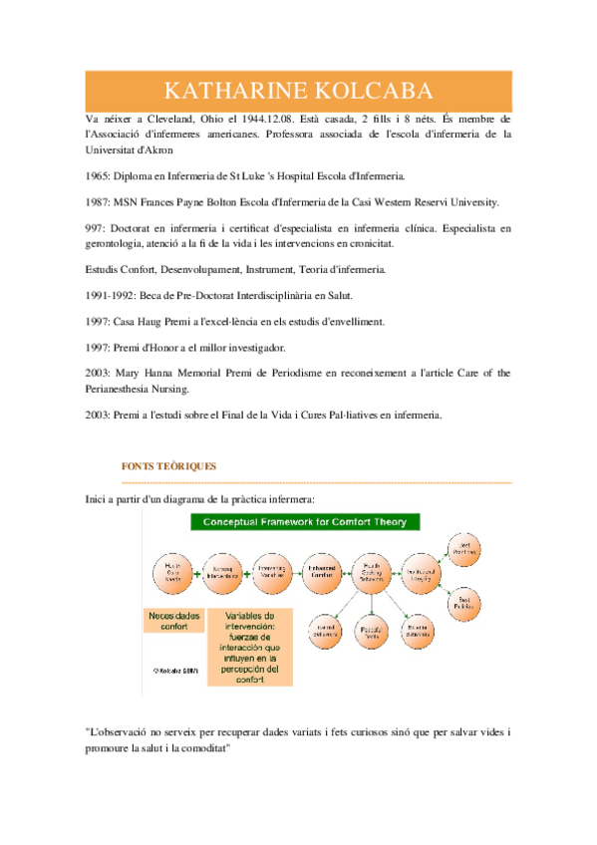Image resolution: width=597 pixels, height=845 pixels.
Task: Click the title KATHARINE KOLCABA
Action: (298, 92)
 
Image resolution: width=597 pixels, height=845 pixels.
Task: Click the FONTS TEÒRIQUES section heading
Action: (168, 466)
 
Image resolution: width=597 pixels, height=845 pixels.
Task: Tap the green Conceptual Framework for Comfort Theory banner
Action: (305, 522)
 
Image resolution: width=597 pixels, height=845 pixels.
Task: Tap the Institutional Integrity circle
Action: (425, 572)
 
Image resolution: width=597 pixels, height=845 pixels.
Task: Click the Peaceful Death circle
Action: (370, 629)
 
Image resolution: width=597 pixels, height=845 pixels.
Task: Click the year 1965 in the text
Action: (98, 175)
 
